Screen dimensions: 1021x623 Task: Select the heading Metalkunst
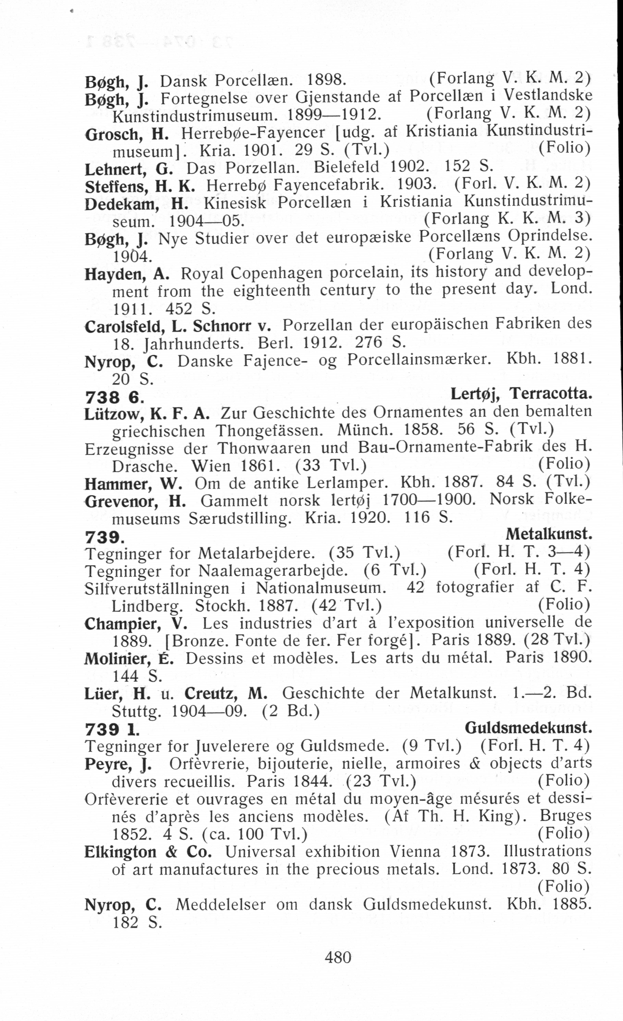[549, 535]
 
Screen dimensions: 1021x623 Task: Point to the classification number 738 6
[114, 398]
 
